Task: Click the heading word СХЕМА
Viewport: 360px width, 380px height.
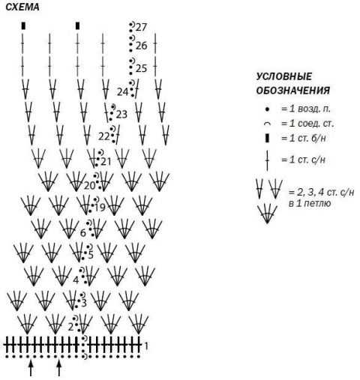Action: [x=22, y=7]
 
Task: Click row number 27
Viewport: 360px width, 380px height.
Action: [x=141, y=27]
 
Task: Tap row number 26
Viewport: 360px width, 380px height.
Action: [x=141, y=46]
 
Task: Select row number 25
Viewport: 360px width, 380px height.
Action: [x=141, y=68]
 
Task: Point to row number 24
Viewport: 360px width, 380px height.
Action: [x=122, y=92]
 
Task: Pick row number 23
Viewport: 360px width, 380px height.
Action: [x=121, y=115]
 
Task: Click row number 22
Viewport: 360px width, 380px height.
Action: [x=104, y=136]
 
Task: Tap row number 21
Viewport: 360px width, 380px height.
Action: [x=106, y=162]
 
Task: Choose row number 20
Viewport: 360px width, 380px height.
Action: [x=89, y=186]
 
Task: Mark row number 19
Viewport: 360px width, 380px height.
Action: [x=100, y=208]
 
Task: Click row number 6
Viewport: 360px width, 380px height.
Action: [x=83, y=233]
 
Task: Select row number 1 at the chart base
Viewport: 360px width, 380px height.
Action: [x=146, y=346]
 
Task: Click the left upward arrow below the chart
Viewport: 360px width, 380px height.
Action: [x=31, y=369]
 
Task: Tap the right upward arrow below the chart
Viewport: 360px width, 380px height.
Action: [x=58, y=369]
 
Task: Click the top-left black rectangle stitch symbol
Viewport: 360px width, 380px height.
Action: [x=23, y=26]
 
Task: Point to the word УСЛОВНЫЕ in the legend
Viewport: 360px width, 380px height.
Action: [x=284, y=76]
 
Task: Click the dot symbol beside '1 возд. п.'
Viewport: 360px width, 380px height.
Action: [x=267, y=109]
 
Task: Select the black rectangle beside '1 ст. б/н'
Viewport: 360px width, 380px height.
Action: [x=267, y=138]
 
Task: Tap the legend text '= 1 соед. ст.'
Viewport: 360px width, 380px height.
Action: [x=307, y=124]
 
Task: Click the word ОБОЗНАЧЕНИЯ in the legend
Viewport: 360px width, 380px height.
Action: [x=293, y=91]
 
